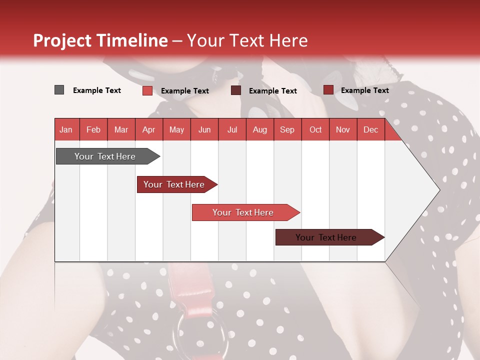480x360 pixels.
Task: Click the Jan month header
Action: click(x=66, y=129)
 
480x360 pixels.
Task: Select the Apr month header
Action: click(x=148, y=129)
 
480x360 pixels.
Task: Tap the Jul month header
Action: click(x=232, y=129)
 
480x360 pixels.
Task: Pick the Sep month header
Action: click(x=287, y=129)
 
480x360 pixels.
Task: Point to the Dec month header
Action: click(x=370, y=129)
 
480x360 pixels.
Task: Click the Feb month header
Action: click(x=93, y=129)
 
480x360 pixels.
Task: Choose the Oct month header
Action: click(x=315, y=129)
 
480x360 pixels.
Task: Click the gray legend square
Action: click(x=59, y=90)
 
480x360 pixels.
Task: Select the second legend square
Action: click(x=147, y=90)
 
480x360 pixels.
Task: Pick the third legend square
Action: click(x=236, y=90)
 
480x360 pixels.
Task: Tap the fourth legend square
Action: click(x=328, y=90)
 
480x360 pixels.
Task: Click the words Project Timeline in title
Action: click(x=100, y=40)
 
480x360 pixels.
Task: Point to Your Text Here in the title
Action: click(x=247, y=40)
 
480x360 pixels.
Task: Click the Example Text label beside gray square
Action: click(x=97, y=90)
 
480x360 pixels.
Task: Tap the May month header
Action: click(x=176, y=129)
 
